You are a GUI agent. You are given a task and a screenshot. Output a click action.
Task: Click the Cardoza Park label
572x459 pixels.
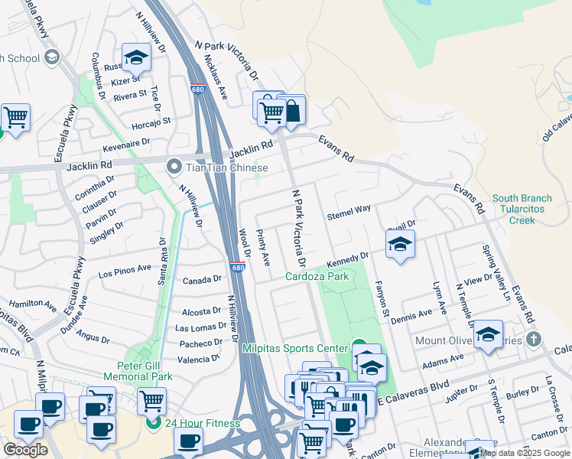pos(317,276)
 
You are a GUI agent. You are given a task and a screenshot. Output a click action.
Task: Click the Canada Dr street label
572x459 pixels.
pos(202,281)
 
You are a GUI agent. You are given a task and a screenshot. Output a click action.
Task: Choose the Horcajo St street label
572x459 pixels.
pos(151,120)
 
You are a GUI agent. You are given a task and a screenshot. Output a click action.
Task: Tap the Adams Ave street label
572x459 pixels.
pos(444,357)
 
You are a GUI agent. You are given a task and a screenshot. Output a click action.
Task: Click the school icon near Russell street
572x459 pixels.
pos(135,57)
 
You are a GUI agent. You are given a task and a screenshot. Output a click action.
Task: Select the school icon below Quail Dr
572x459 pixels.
pos(399,245)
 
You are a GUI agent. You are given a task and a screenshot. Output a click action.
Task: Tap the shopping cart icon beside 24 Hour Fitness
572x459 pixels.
pos(151,399)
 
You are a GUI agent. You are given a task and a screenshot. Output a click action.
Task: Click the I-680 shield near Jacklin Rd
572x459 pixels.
pos(197,90)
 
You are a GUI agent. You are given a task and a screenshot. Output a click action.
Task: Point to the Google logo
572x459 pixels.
pos(25,450)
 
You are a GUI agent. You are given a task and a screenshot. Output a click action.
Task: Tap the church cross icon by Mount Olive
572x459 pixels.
pos(534,339)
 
